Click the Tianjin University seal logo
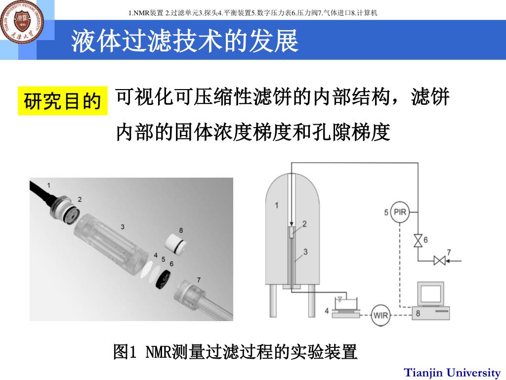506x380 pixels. coord(22,21)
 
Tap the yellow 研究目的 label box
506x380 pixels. coord(63,101)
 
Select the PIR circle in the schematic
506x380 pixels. coord(400,212)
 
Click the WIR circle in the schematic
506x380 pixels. coord(380,315)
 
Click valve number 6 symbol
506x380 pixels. coord(418,240)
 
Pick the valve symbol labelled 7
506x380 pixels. coord(439,260)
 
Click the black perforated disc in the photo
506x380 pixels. coord(163,278)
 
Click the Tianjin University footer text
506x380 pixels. coord(452,373)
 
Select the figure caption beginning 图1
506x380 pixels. coord(235,352)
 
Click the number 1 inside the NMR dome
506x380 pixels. coord(276,205)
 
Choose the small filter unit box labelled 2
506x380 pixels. coord(292,233)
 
